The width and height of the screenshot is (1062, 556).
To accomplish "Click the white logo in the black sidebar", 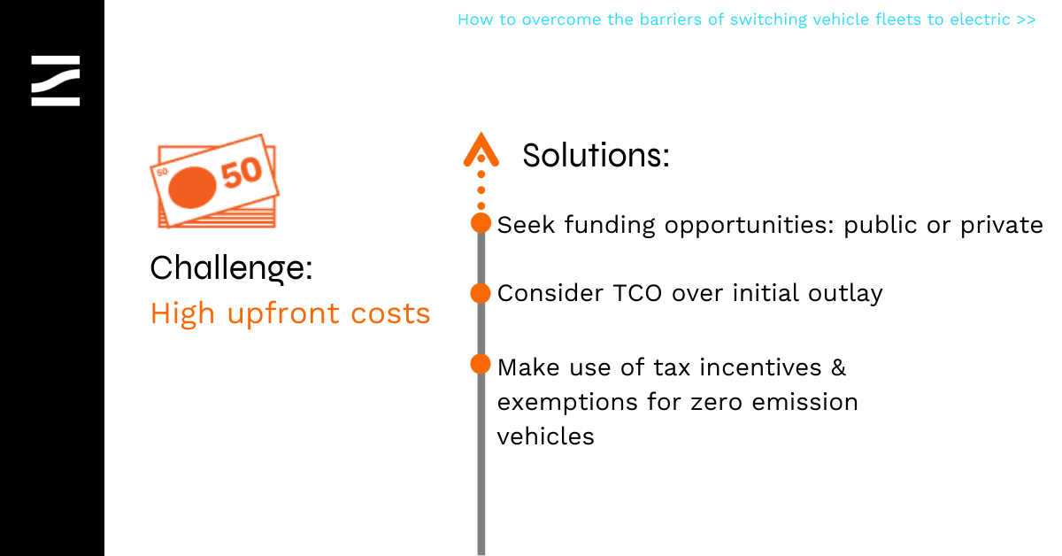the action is [56, 81].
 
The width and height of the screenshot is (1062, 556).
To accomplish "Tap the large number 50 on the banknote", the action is [242, 173].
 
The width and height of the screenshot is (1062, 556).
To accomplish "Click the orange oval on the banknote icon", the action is [192, 187].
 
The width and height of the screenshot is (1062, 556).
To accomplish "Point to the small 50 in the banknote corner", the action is [162, 172].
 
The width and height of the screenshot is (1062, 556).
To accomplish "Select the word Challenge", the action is [231, 268].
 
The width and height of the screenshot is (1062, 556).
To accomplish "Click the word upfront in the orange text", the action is [283, 314].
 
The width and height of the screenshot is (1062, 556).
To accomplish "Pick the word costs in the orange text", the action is [390, 314].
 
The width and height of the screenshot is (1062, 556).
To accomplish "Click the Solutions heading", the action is [596, 155].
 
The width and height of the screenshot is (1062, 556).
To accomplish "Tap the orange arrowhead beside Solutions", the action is [481, 150].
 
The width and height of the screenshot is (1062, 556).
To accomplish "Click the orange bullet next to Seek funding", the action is [481, 223].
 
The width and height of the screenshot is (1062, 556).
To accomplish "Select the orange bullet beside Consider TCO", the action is [481, 293].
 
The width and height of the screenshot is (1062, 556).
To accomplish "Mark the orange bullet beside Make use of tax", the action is [481, 364].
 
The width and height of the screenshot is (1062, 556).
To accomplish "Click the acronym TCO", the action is [637, 293].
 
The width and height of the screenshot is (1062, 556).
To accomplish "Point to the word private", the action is [1001, 226].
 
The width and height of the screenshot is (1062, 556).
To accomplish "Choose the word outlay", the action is [845, 294].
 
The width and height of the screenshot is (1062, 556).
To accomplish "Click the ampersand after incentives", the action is [839, 367].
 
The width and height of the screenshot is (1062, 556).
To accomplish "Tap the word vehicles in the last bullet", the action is [545, 436].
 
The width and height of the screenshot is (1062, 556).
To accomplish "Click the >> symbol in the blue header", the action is [1026, 20].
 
